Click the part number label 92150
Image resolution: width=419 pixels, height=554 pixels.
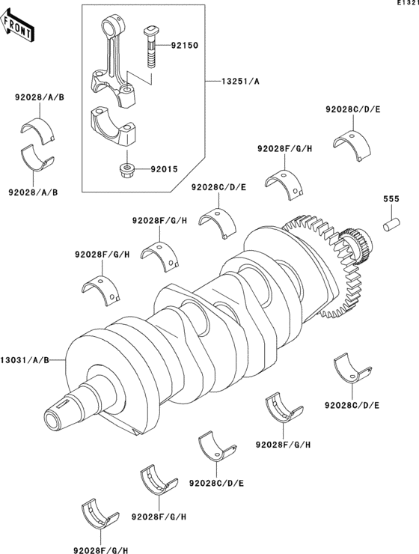183,45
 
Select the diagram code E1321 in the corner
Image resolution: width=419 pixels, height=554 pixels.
407,4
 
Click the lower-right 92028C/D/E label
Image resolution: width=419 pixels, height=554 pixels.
352,405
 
